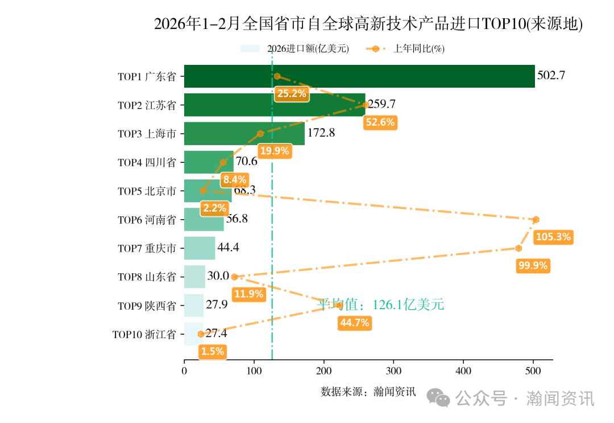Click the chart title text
coord(368,24)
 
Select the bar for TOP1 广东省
coord(359,76)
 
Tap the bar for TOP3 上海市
coord(244,134)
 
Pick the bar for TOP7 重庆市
coord(200,248)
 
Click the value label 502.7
coord(551,76)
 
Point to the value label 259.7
coord(381,104)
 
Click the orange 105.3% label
coord(553,237)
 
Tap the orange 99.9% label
coord(533,266)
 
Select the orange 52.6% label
coord(380,122)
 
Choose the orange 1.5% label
coord(213,352)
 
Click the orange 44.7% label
coord(354,323)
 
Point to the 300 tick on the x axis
coord(393,371)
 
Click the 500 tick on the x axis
coord(533,371)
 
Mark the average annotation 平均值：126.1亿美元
coord(380,305)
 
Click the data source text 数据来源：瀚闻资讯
coord(368,392)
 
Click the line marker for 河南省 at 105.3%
coord(536,220)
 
